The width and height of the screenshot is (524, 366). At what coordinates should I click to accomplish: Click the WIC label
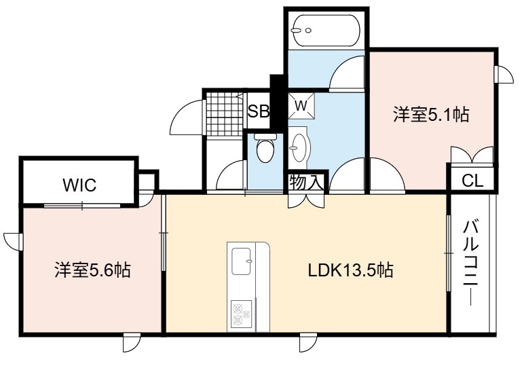pos(79,185)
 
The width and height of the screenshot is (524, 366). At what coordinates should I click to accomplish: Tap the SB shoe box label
pos(259,111)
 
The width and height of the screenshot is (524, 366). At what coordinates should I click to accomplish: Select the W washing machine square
pos(301,106)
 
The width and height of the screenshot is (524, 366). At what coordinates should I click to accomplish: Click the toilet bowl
pos(265,151)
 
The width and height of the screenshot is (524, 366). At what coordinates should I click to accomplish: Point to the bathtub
pos(326,31)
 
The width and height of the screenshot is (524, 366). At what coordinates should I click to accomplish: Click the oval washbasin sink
pos(299,147)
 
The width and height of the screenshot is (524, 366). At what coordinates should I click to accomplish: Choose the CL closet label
pos(472,181)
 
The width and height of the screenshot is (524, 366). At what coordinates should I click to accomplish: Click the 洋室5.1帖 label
pos(431,115)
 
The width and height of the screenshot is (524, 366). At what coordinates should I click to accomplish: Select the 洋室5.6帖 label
pos(92,270)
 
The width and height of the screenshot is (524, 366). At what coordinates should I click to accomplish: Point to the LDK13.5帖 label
pos(350,270)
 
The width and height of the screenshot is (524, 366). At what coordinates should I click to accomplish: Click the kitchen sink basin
pos(242,261)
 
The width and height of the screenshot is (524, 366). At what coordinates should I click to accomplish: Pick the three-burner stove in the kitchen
pos(241,314)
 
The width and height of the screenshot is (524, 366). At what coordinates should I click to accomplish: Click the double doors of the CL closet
pos(472,155)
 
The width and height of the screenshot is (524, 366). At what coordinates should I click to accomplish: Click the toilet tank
pos(265,136)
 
